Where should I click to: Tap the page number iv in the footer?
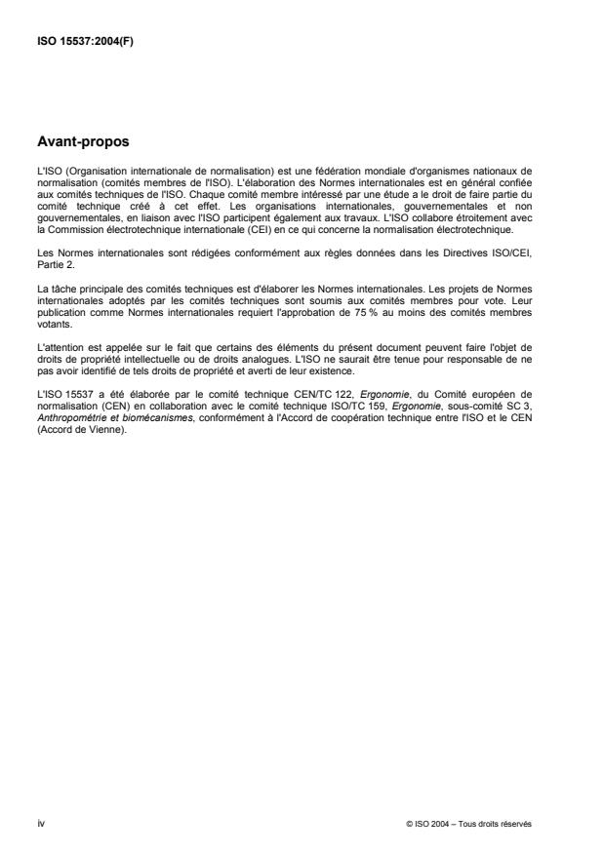click(x=39, y=824)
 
